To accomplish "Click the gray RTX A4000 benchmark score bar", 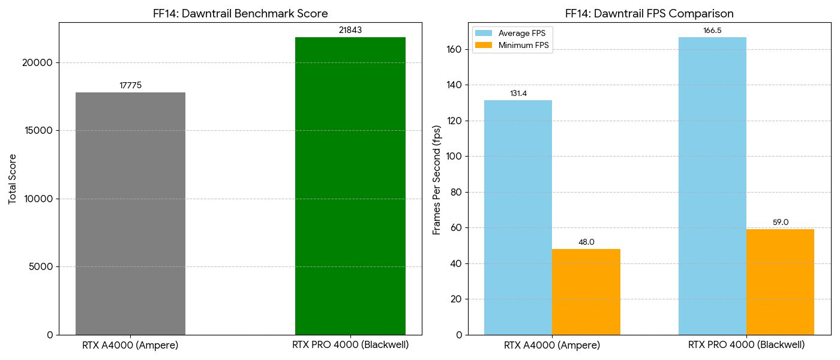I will click(130, 213).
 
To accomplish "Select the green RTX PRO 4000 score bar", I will click(350, 186).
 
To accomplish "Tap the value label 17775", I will click(130, 86).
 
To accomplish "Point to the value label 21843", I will click(350, 30).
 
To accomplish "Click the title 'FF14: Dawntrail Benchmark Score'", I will click(240, 13).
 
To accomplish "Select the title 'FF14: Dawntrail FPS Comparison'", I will click(649, 13).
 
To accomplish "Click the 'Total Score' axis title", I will click(13, 179).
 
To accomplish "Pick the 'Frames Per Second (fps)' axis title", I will click(437, 180).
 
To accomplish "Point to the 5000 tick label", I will click(41, 266).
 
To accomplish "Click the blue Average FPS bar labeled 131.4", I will click(518, 217).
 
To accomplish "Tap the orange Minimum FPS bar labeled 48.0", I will click(586, 292).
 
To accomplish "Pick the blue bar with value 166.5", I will click(712, 186).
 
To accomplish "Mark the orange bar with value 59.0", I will click(780, 282).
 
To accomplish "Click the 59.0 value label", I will click(780, 223).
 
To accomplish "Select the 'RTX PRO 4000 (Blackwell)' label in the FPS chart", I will click(746, 345).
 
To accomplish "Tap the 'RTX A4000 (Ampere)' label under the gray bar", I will click(130, 345).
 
